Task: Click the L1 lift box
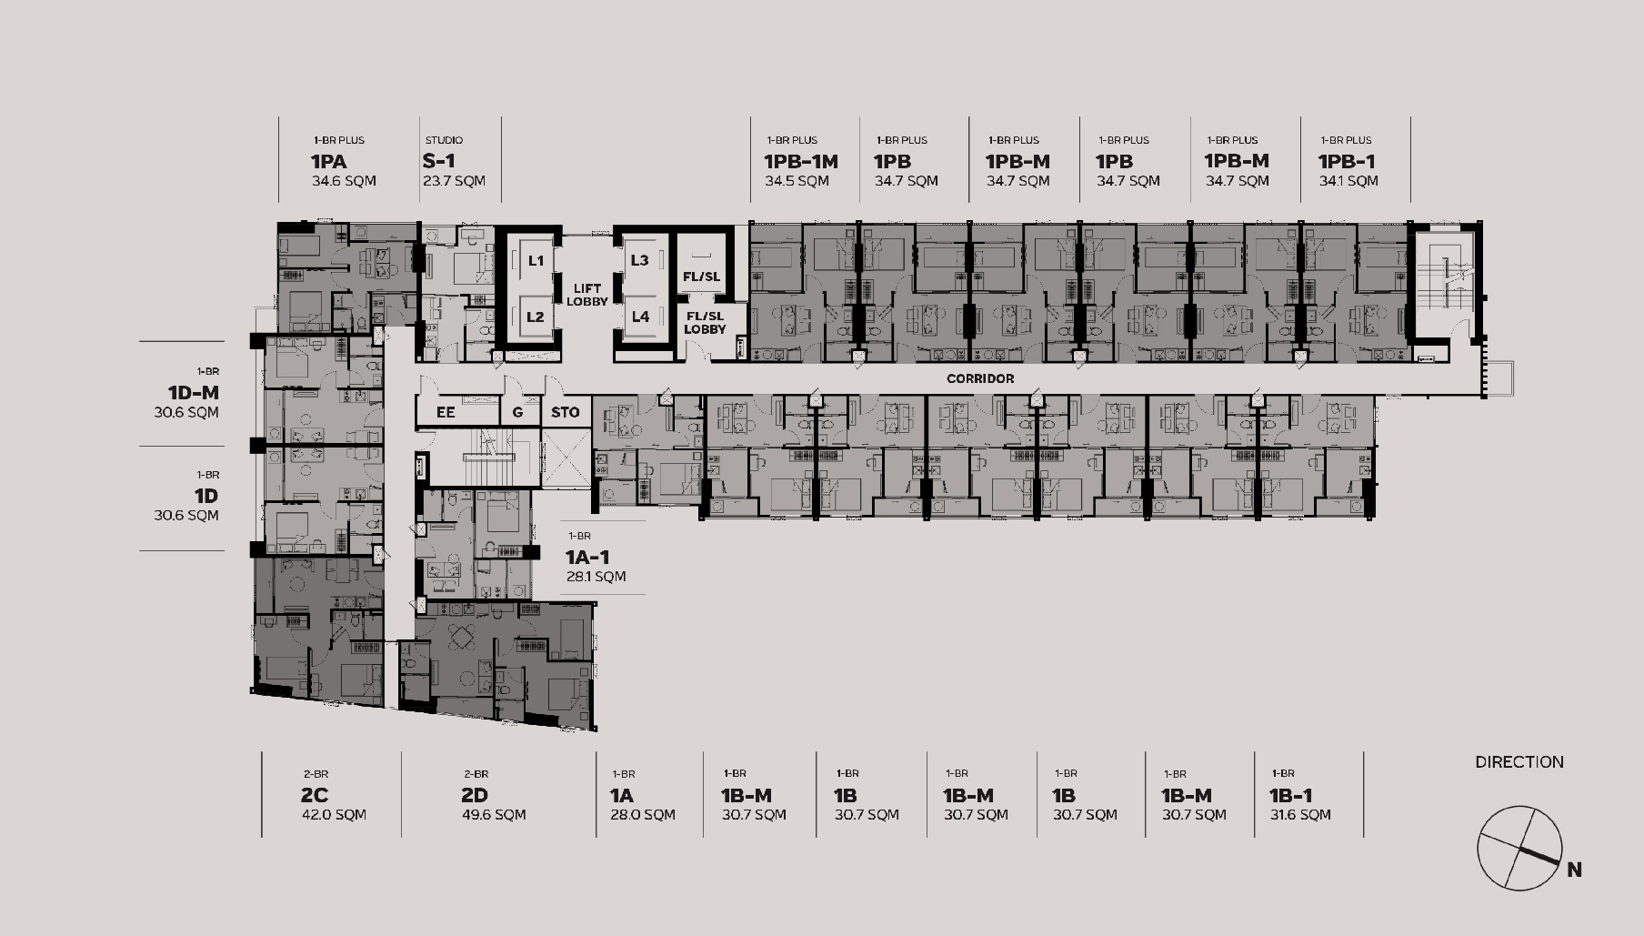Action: coord(535,260)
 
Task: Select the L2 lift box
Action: coord(535,317)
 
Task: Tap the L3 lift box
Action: coord(640,260)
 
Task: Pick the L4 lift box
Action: coord(640,317)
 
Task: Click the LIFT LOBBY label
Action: coord(587,295)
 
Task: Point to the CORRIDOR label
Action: coord(980,378)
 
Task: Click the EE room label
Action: coord(446,412)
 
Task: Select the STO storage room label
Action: coord(565,412)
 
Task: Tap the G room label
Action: coord(517,412)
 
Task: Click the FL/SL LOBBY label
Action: coord(705,323)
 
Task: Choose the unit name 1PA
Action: coord(328,161)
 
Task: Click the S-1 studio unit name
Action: coord(439,161)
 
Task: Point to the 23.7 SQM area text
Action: coord(454,181)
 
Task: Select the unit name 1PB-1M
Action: coord(801,161)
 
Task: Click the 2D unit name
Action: coord(475,796)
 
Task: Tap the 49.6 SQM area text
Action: coord(494,815)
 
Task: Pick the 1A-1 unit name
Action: coord(587,557)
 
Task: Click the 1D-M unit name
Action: coord(193,392)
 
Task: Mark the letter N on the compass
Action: coord(1575,871)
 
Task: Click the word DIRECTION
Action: coord(1519,762)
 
